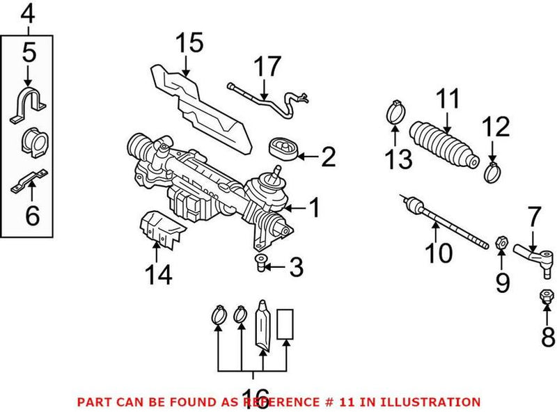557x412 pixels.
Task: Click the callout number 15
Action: click(189, 43)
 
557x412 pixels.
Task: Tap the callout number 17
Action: click(267, 67)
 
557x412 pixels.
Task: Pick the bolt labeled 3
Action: click(260, 263)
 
